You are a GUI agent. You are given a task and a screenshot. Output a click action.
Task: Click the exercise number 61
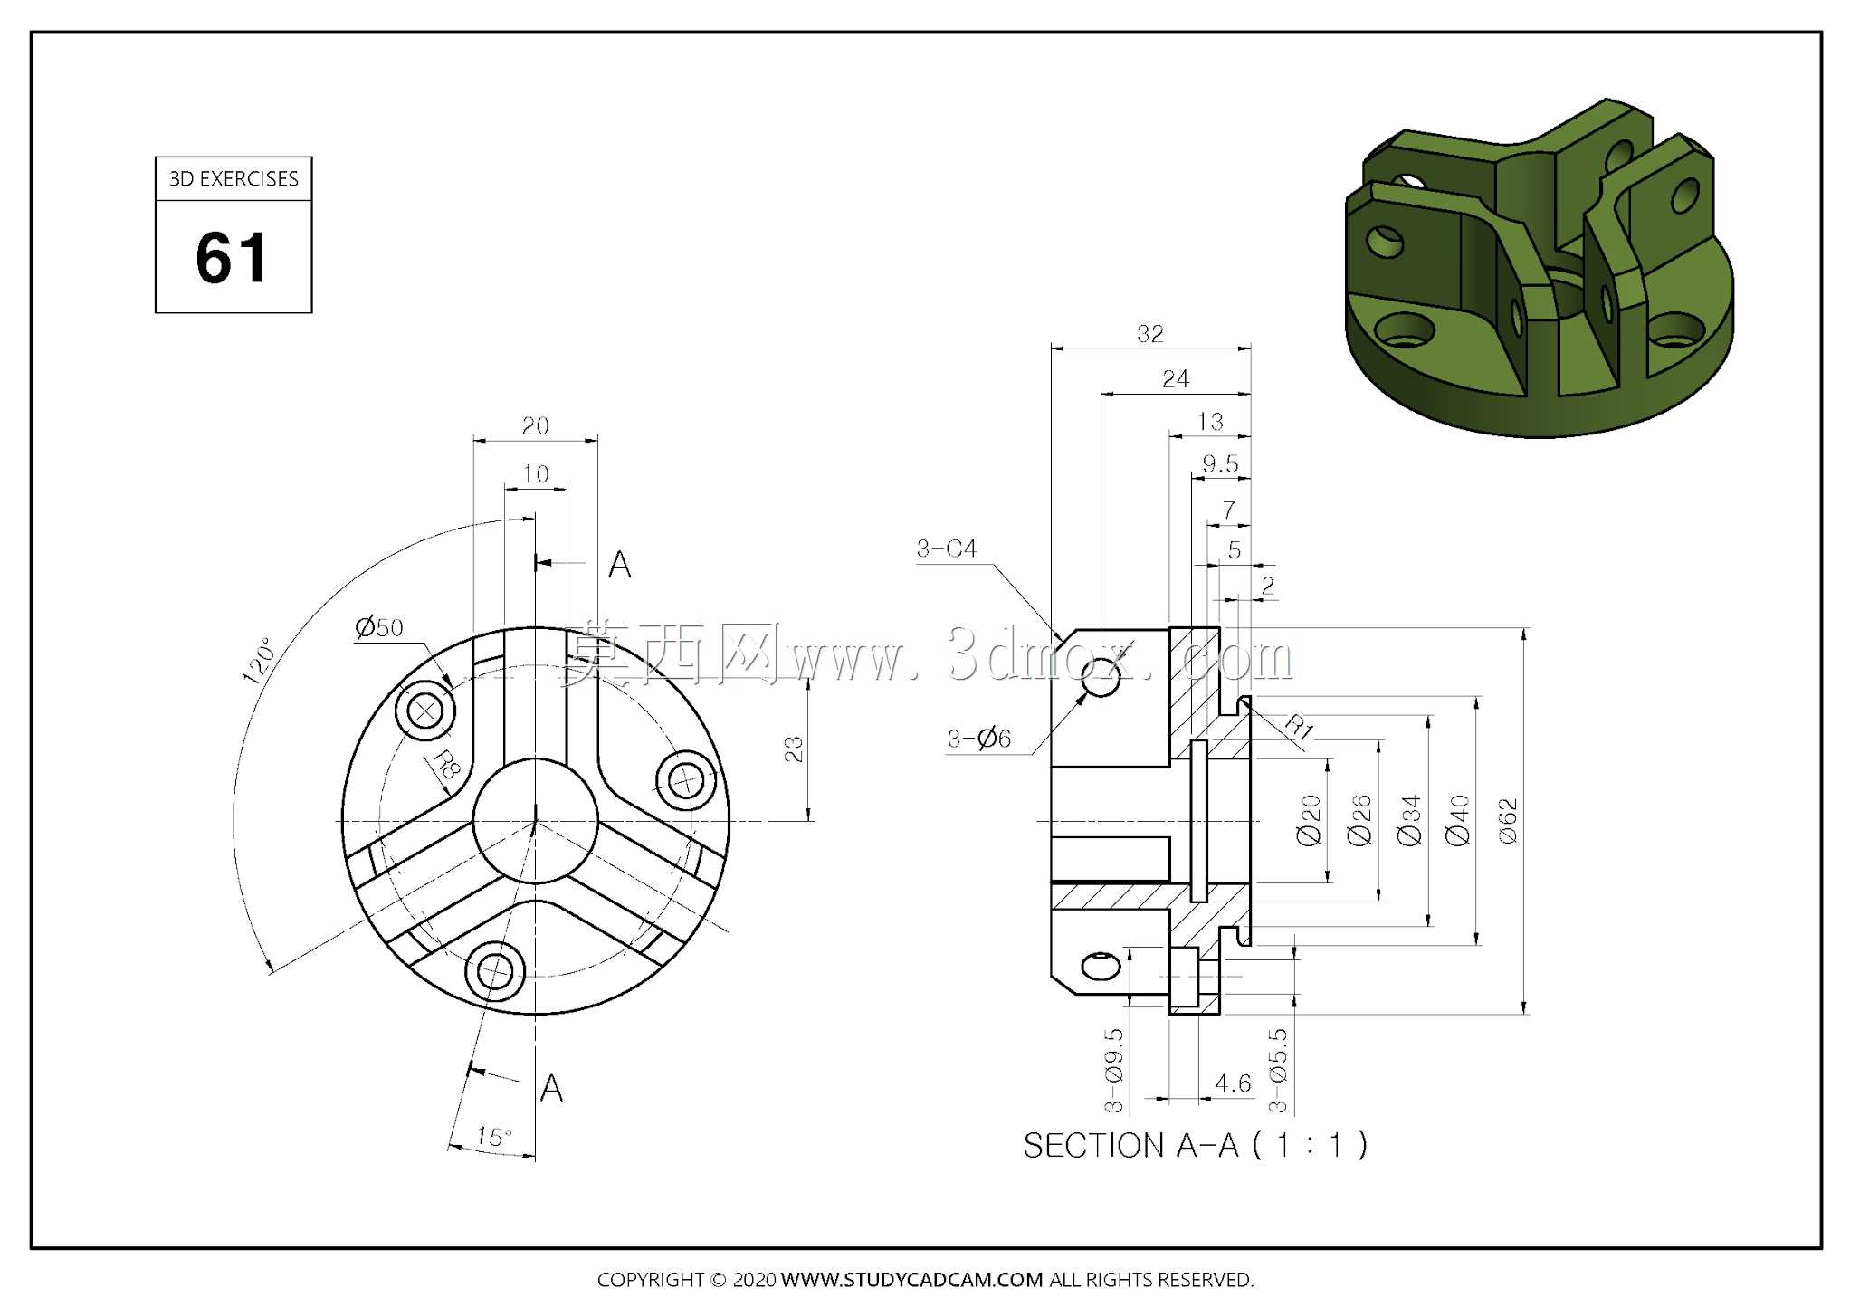pyautogui.click(x=232, y=258)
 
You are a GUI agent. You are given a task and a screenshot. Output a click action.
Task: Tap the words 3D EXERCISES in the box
pyautogui.click(x=234, y=179)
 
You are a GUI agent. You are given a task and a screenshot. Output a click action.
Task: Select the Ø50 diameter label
pyautogui.click(x=378, y=627)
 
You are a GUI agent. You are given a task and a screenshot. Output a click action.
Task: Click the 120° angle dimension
pyautogui.click(x=257, y=661)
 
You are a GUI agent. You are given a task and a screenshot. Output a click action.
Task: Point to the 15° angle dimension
pyautogui.click(x=494, y=1137)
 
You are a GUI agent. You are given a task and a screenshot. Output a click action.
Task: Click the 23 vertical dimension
pyautogui.click(x=794, y=749)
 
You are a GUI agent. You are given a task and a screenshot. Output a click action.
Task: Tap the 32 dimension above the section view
pyautogui.click(x=1150, y=334)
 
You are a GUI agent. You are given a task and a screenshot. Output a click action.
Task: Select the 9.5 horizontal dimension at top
pyautogui.click(x=1220, y=464)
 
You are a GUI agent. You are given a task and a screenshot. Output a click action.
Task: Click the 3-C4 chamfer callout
pyautogui.click(x=947, y=549)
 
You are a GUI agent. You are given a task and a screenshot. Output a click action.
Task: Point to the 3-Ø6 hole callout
pyautogui.click(x=978, y=739)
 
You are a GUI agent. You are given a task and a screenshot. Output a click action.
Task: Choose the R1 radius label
pyautogui.click(x=1299, y=727)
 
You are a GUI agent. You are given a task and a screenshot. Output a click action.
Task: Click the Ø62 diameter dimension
pyautogui.click(x=1507, y=821)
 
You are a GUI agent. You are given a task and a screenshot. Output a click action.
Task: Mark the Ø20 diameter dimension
pyautogui.click(x=1310, y=821)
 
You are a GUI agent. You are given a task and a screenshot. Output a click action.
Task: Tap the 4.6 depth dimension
pyautogui.click(x=1233, y=1083)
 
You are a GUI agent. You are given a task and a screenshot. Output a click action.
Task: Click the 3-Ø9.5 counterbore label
pyautogui.click(x=1114, y=1070)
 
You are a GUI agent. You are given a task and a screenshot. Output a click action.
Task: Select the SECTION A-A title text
pyautogui.click(x=1195, y=1146)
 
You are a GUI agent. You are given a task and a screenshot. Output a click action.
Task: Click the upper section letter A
pyautogui.click(x=620, y=565)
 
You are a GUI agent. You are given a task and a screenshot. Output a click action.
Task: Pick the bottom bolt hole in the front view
pyautogui.click(x=495, y=972)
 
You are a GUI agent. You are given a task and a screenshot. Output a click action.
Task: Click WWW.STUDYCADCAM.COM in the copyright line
pyautogui.click(x=911, y=1280)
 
